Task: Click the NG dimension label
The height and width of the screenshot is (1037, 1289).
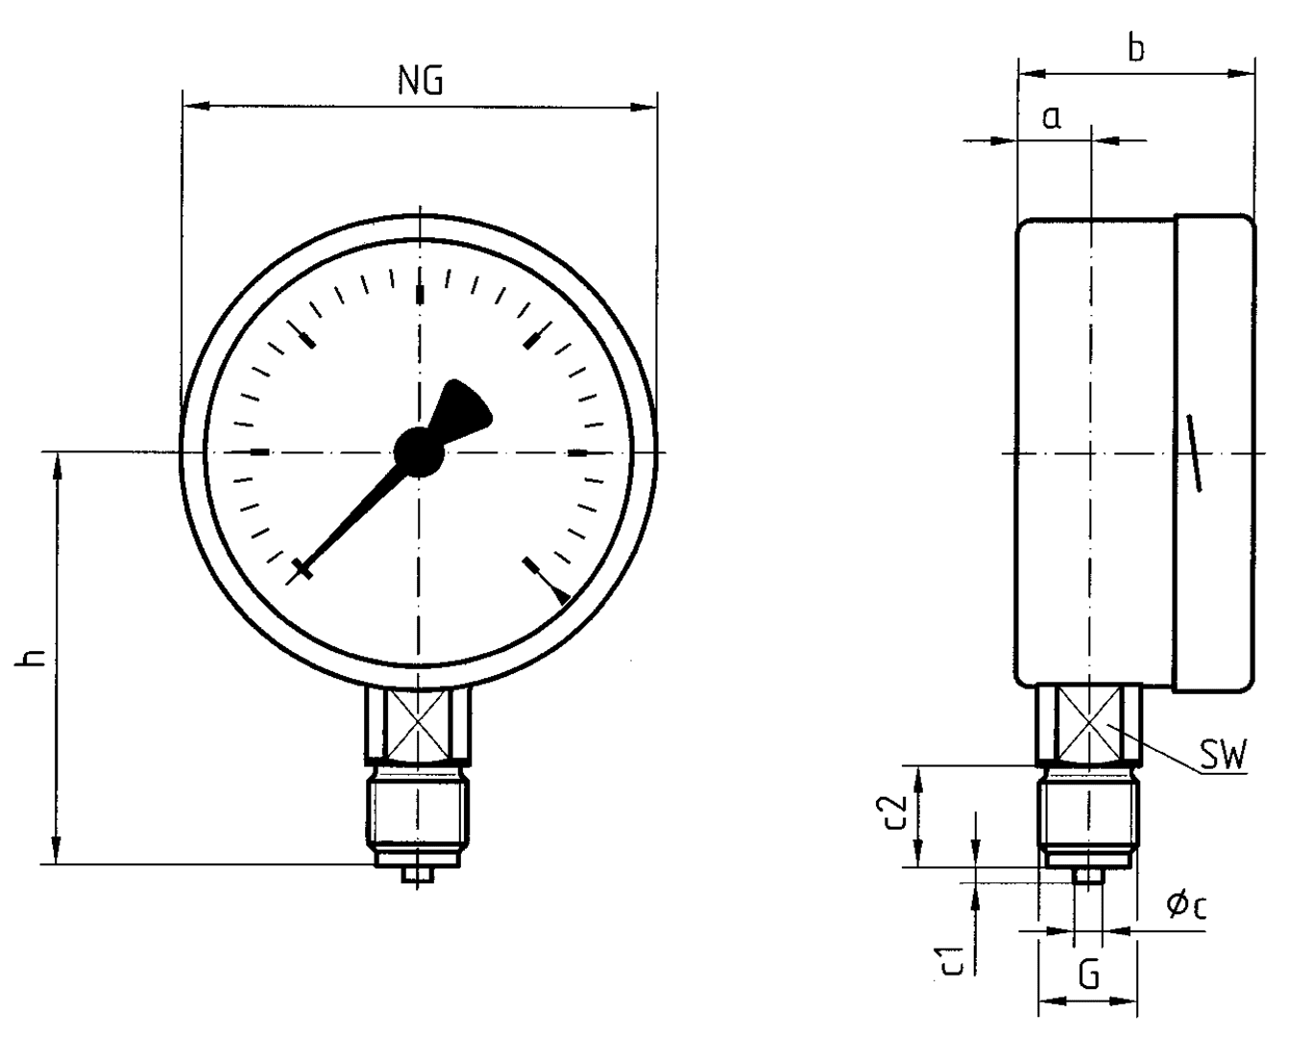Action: coord(421,82)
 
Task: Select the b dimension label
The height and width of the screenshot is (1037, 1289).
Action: coord(1136,48)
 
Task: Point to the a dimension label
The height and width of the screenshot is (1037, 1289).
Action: coord(1052,117)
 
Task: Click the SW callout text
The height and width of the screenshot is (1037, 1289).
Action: coord(1223,759)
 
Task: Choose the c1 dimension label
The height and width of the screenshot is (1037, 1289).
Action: coord(951,960)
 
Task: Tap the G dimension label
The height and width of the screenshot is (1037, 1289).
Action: coord(1088,976)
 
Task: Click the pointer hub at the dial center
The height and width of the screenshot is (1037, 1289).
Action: coord(419,450)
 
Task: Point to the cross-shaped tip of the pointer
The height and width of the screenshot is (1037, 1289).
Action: coord(303,569)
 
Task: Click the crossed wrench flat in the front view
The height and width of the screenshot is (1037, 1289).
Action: coord(419,723)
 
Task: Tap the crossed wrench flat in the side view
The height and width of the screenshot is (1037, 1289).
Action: coord(1089,723)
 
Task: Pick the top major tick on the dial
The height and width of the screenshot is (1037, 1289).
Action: coord(419,293)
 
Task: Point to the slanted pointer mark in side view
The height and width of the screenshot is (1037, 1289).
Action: coord(1194,453)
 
